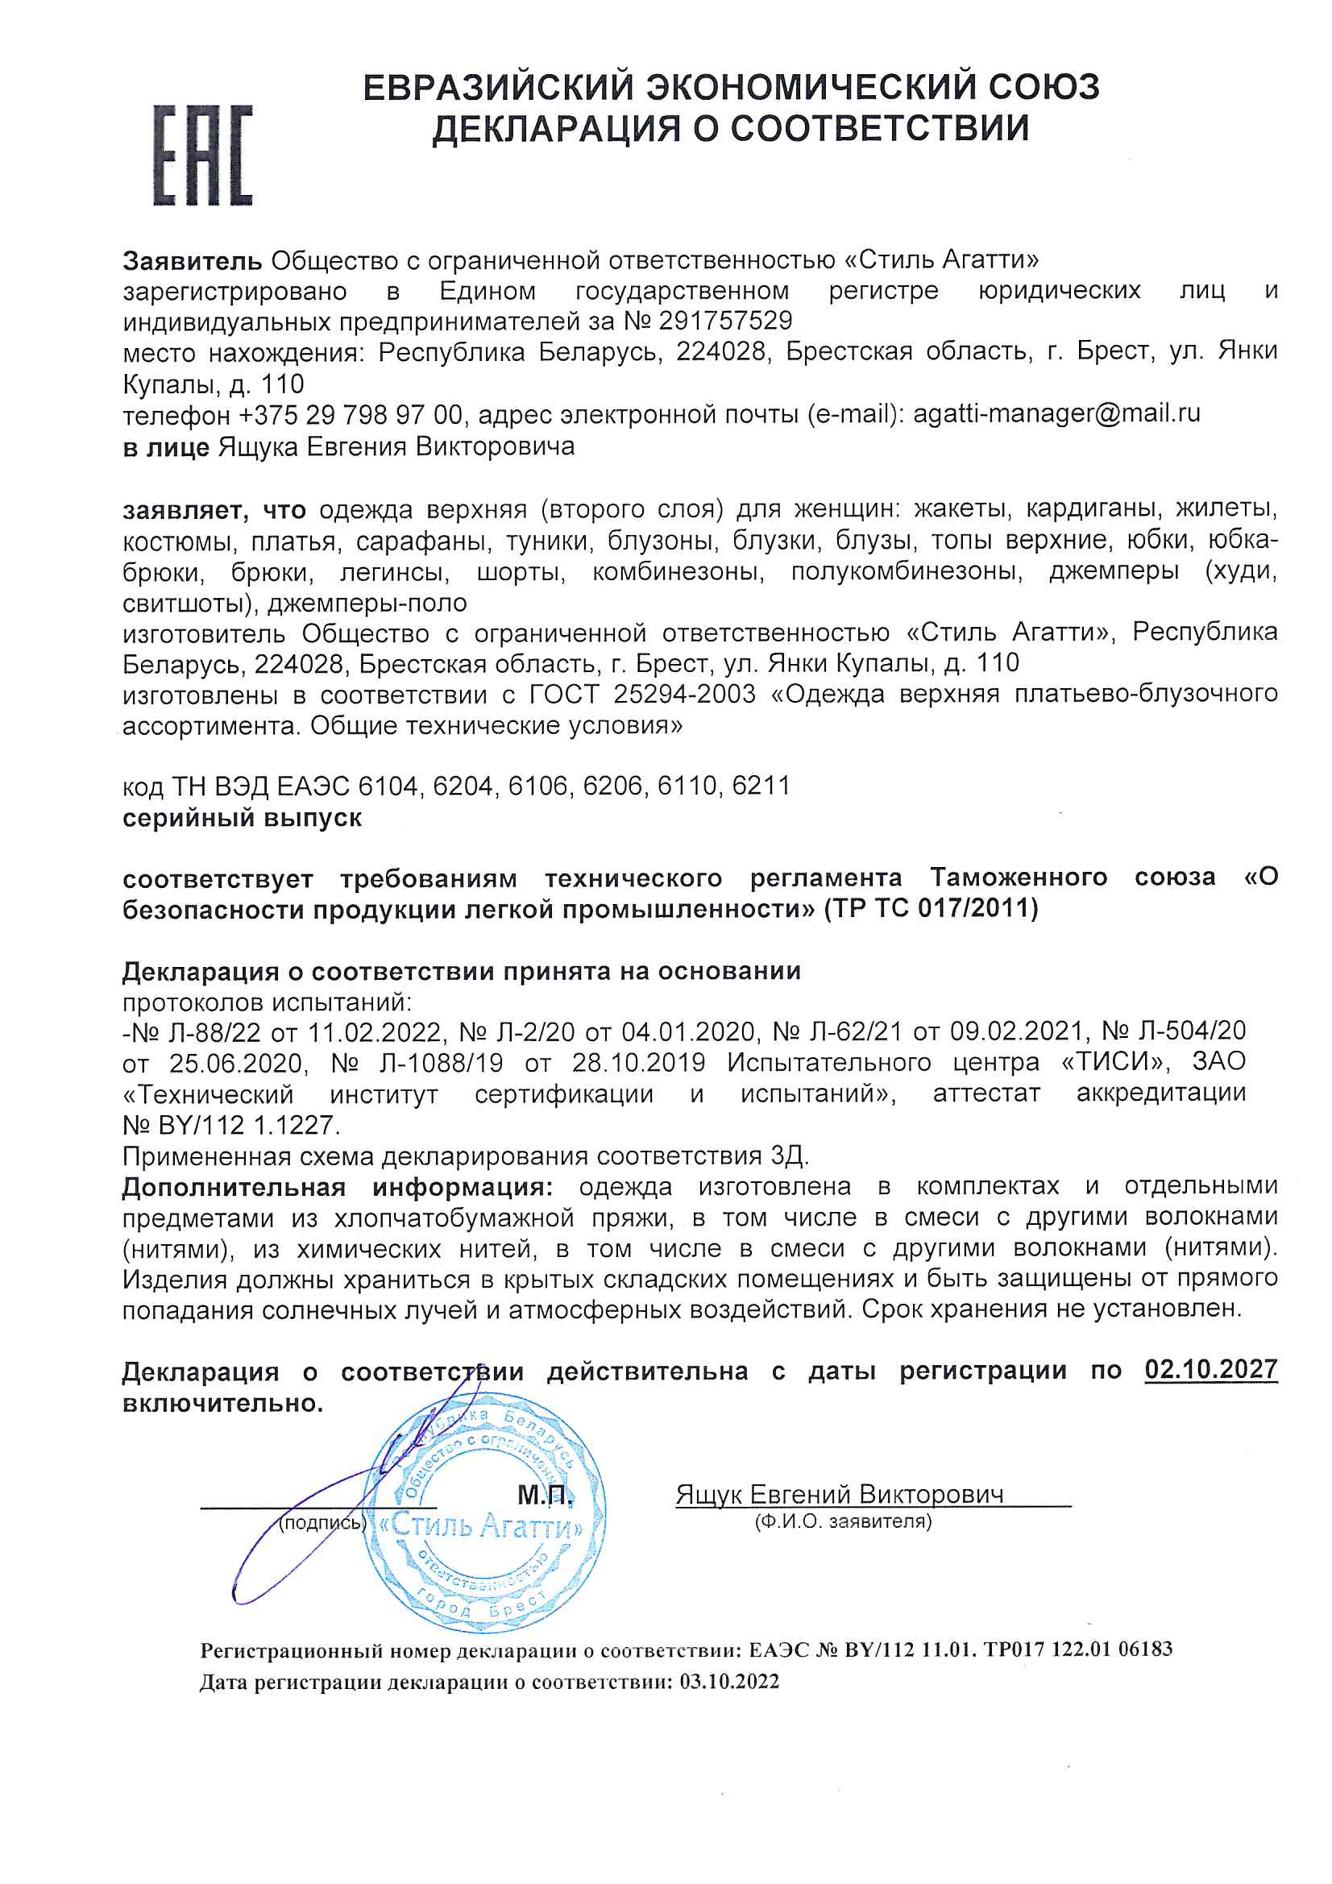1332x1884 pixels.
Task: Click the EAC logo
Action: [x=203, y=155]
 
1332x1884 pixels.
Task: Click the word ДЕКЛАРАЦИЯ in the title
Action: [x=558, y=130]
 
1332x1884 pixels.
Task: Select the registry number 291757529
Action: [x=724, y=321]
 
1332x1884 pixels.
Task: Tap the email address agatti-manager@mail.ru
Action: [x=1056, y=413]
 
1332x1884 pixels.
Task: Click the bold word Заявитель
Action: [x=192, y=261]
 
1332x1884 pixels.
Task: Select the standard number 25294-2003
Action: [x=683, y=694]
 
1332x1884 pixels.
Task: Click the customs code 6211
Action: [x=760, y=786]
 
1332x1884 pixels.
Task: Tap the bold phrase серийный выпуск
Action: [x=242, y=818]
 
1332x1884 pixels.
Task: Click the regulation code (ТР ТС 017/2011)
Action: [x=931, y=908]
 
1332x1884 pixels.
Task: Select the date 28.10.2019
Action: [x=637, y=1064]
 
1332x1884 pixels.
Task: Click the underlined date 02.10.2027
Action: [x=1210, y=1370]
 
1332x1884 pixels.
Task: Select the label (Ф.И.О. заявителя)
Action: [x=843, y=1521]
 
